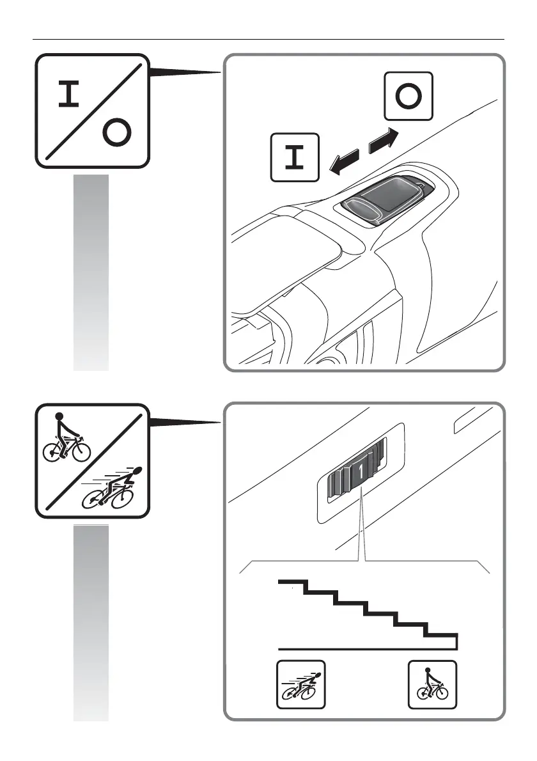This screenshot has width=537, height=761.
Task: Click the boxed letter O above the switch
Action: click(409, 97)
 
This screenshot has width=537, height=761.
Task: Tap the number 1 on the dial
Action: click(362, 471)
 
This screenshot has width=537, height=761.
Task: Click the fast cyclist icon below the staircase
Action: click(300, 684)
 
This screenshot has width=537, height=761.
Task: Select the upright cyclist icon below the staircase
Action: click(432, 684)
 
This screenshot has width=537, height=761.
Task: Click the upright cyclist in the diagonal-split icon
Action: click(65, 439)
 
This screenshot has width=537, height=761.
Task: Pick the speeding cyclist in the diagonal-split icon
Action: click(115, 490)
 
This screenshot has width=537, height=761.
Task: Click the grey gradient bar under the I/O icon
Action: click(91, 272)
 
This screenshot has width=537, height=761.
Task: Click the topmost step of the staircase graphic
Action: click(293, 582)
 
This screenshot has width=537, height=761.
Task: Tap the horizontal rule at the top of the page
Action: click(268, 39)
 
